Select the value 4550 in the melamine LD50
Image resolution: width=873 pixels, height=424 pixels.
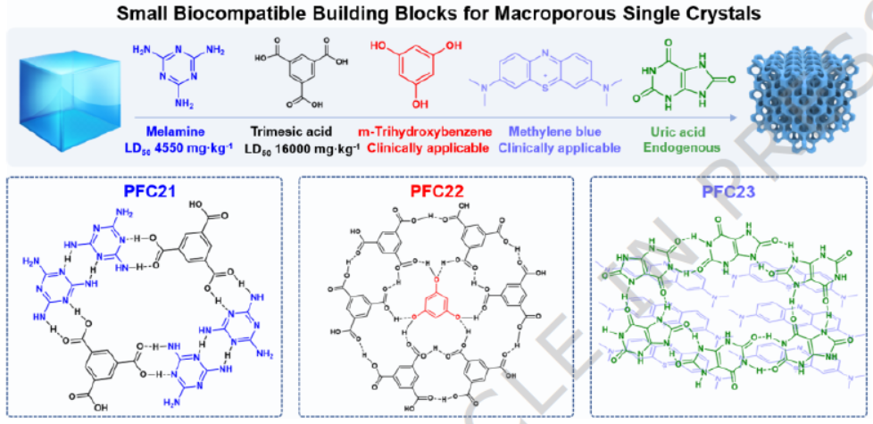178,145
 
